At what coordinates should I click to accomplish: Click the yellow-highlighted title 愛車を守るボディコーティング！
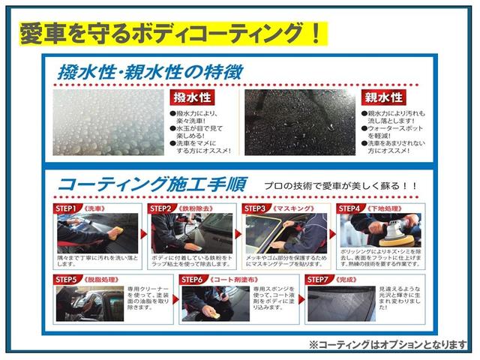coord(171,33)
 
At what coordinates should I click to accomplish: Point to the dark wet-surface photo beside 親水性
coord(298,123)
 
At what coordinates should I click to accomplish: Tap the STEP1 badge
coord(65,208)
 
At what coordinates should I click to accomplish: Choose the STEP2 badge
coord(160,208)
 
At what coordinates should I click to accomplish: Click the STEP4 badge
coord(350,208)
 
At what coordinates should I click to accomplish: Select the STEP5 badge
coord(66,279)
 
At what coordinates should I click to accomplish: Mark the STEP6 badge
coord(193,279)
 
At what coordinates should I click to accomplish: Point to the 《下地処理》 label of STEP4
coord(384,208)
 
